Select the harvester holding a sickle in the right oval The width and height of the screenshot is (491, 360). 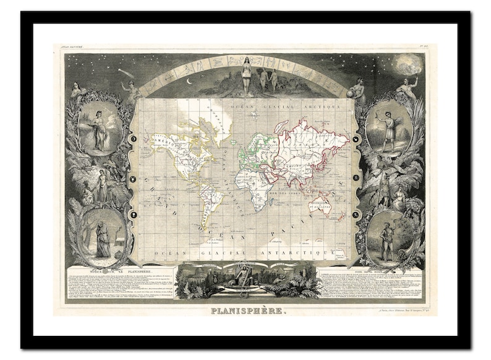tap(388, 130)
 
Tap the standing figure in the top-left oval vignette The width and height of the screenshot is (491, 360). tap(98, 130)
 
